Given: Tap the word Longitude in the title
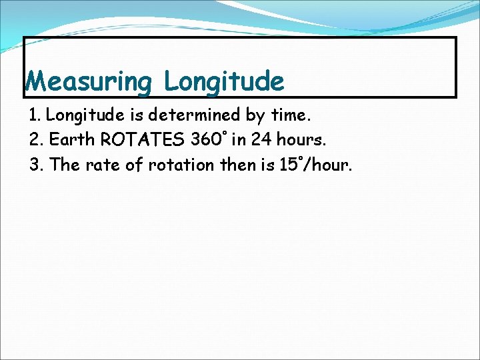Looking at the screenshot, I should point(224,82).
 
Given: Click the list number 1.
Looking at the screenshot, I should point(35,115).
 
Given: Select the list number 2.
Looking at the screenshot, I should point(35,140).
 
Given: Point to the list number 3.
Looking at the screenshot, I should point(35,165).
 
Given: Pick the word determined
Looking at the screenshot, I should point(194,115).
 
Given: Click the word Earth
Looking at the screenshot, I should point(71,140).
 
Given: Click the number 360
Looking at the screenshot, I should point(207,140).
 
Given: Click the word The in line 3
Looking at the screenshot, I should point(65,165).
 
